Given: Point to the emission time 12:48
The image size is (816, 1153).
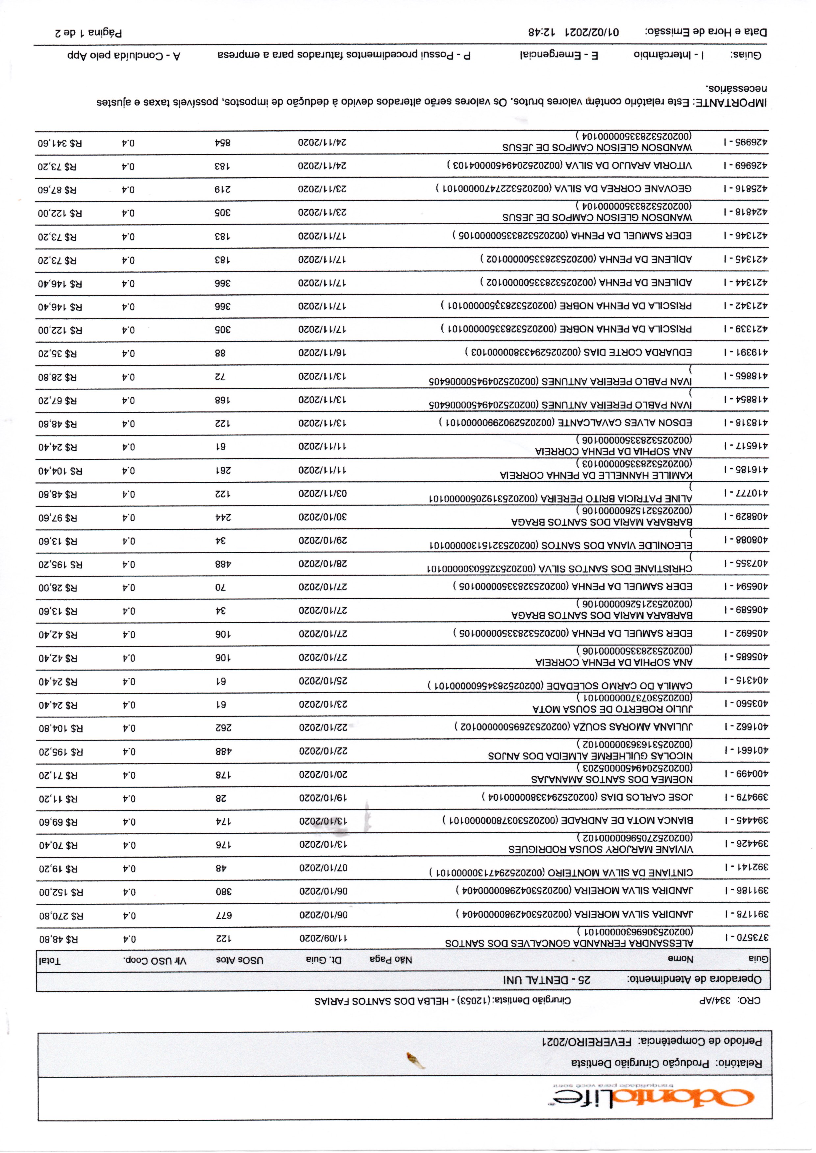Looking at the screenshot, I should pyautogui.click(x=542, y=32).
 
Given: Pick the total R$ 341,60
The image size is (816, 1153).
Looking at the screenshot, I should pyautogui.click(x=60, y=143).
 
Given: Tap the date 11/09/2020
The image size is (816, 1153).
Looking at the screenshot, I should pyautogui.click(x=323, y=938).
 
